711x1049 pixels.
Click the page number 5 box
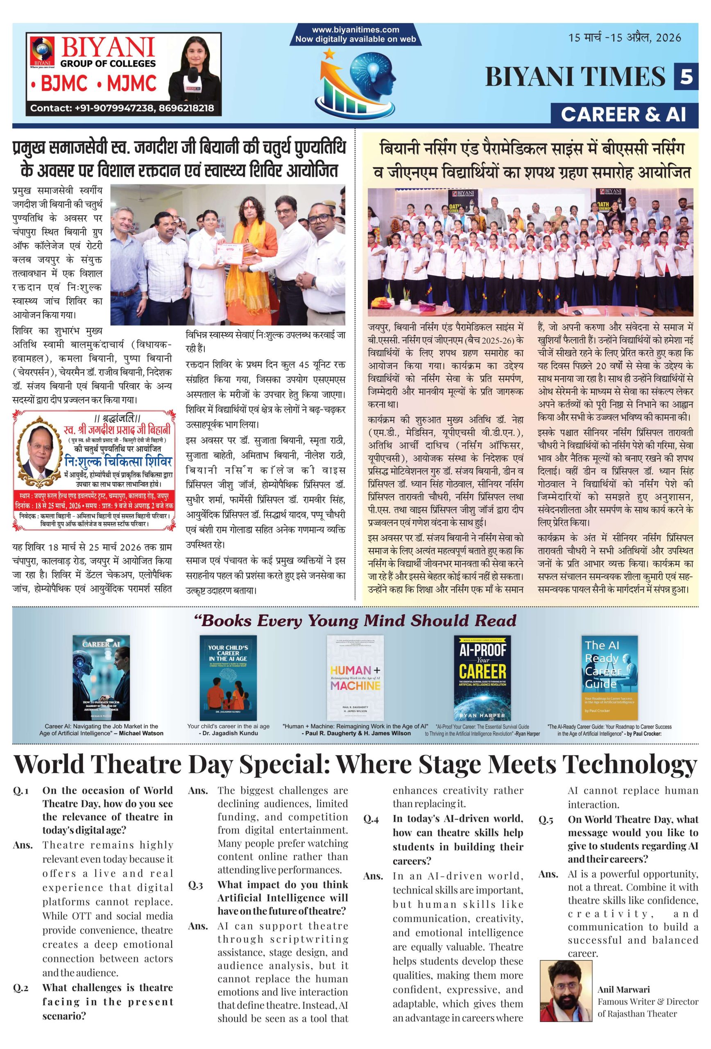point(686,76)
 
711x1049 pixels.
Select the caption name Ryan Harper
point(526,733)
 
